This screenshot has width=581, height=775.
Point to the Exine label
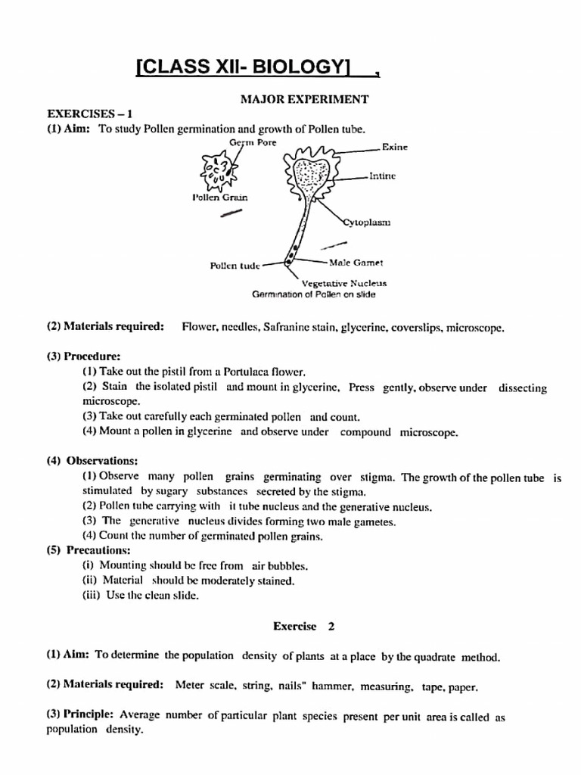395,148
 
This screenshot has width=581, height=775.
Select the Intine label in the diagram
383,176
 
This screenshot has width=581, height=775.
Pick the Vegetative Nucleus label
344,282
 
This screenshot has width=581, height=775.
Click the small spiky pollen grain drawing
215,172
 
